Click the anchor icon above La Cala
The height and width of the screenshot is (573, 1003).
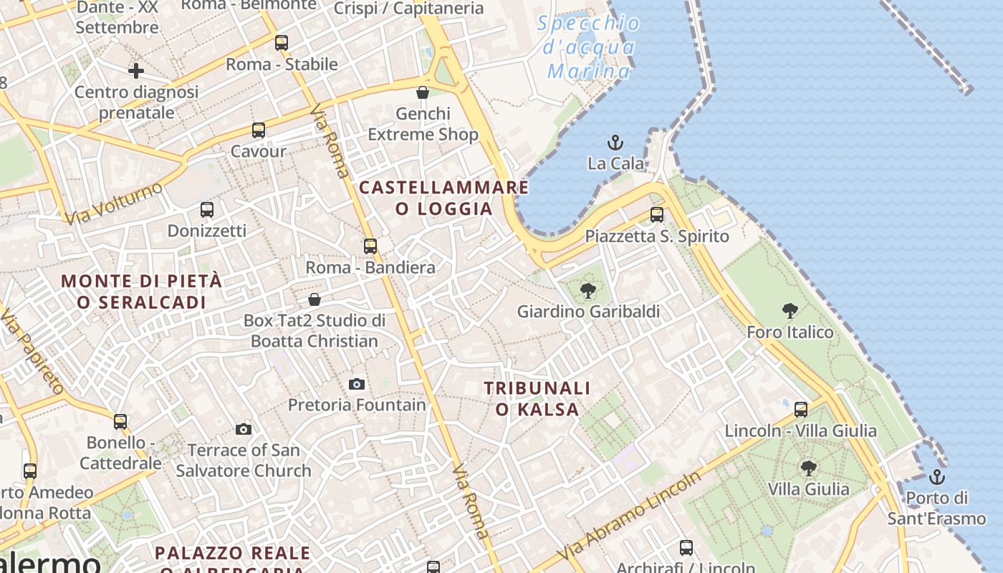(615, 143)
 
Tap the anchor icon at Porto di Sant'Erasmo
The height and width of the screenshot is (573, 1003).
(936, 476)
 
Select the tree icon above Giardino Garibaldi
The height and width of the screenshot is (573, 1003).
(588, 291)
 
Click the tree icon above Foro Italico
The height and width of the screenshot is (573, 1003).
(790, 311)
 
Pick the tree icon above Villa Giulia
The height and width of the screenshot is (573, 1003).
(809, 468)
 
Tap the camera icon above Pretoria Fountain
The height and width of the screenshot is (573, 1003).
(357, 384)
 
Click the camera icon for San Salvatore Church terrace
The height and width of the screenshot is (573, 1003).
(244, 429)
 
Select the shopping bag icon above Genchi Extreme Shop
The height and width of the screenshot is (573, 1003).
(423, 92)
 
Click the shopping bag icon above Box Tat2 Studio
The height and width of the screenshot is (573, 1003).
(314, 299)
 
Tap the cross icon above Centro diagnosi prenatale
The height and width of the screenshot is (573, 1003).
(136, 71)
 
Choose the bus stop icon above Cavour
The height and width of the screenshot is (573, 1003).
(259, 130)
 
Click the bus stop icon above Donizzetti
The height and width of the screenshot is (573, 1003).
(207, 210)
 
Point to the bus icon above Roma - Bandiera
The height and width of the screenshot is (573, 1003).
(370, 246)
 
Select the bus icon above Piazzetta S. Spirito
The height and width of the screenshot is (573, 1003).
(657, 215)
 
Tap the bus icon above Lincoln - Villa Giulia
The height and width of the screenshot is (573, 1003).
(801, 410)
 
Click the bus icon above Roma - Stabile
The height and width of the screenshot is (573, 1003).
(282, 43)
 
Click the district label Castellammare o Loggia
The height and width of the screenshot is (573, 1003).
(444, 198)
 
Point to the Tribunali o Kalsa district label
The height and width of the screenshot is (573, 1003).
(537, 399)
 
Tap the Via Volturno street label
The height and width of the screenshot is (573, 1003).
(115, 203)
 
